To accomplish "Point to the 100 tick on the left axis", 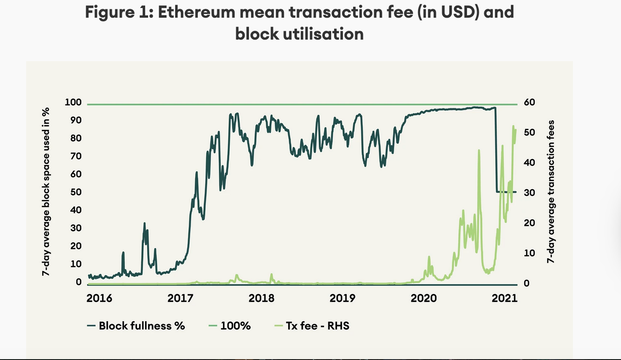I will point(73,102).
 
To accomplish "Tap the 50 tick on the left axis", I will point(76,192).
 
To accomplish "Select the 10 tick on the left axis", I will point(76,264).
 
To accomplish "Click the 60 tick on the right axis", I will point(529,102).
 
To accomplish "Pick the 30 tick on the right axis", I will point(529,193).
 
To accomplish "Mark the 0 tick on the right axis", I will point(526,283).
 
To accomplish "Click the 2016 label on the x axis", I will point(99,298).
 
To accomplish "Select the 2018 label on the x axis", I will point(261,298).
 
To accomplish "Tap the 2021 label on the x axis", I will point(504,298).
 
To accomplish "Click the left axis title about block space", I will point(46,192).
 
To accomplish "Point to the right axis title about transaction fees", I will point(551,192).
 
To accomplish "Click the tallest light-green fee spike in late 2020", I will point(479,151).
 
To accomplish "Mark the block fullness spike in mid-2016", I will point(144,224).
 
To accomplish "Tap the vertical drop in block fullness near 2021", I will point(496,152).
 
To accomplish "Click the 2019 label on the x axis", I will point(342,298).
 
